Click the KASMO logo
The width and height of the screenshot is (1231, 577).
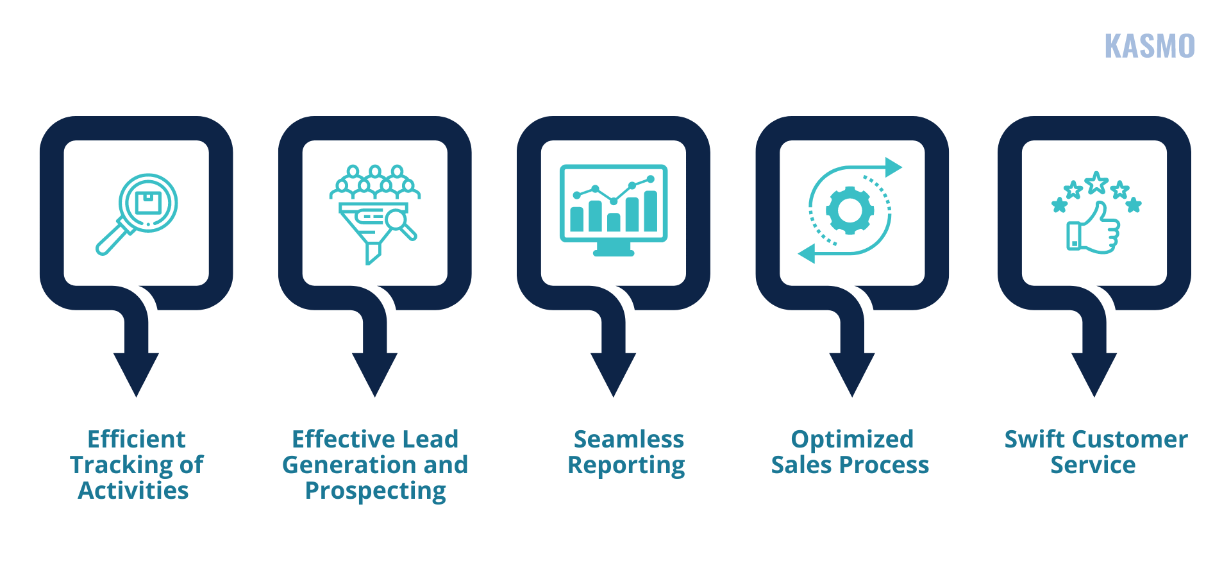pos(1150,46)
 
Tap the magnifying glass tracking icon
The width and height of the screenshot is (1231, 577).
pos(137,214)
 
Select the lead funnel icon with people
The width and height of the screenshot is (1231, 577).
pos(375,214)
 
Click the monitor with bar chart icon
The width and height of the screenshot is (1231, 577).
pos(614,210)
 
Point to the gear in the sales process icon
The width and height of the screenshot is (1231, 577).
pos(850,210)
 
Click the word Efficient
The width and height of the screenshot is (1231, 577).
pos(137,439)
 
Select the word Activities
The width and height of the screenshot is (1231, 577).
pos(133,490)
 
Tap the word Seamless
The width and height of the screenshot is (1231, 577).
pos(629,439)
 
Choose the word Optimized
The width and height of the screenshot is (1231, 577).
pos(852,440)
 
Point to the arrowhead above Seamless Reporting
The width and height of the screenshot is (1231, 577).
pos(614,375)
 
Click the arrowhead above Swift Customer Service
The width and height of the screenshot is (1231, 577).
pos(1094,375)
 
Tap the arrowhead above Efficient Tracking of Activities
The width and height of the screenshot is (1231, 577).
pos(136,375)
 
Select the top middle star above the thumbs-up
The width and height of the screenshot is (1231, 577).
pos(1096,183)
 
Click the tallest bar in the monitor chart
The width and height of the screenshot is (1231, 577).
pos(650,211)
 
